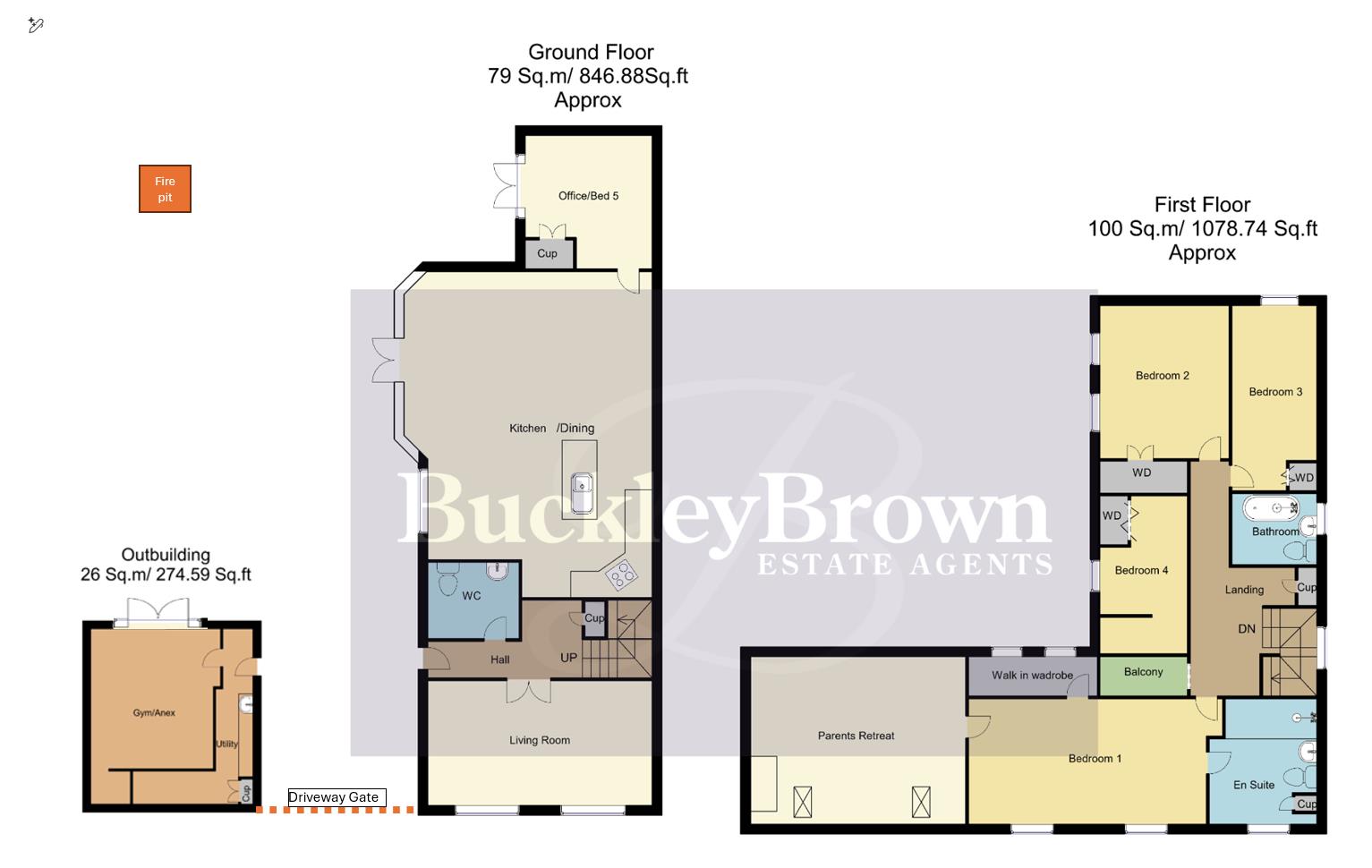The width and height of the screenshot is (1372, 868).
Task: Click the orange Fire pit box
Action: tap(165, 189)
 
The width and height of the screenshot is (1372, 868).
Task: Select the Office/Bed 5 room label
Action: tap(588, 196)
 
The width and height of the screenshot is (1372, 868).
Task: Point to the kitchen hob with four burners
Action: tap(621, 575)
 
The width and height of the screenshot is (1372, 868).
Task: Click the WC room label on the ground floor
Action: tap(472, 596)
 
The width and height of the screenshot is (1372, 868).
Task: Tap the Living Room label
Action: tap(540, 740)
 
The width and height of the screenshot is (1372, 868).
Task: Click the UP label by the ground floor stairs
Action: tap(568, 658)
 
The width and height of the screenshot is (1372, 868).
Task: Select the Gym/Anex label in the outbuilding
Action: tap(154, 713)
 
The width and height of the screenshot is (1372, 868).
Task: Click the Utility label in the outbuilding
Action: tap(226, 744)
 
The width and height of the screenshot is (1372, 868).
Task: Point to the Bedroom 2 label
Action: tap(1163, 376)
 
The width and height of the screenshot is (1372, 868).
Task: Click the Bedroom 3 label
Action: tap(1275, 392)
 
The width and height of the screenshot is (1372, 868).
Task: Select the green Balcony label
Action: tap(1143, 672)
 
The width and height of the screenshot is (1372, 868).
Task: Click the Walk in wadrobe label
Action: tap(1032, 676)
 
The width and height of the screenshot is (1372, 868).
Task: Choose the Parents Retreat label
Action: tap(856, 736)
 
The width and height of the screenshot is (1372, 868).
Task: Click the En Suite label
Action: tap(1253, 785)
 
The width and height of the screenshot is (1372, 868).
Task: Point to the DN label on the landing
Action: tap(1247, 629)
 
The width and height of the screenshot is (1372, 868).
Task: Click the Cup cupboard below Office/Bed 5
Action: tap(547, 253)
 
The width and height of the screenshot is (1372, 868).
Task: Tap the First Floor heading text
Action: tap(1202, 205)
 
